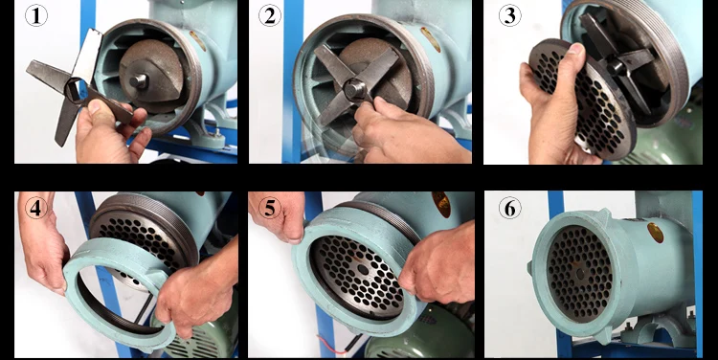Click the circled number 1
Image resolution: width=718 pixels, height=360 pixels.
click(36, 15)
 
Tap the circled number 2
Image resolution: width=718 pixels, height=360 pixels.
click(270, 15)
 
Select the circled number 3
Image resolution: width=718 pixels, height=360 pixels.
click(509, 15)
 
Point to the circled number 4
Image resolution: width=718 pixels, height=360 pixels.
click(36, 208)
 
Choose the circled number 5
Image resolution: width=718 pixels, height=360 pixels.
click(270, 208)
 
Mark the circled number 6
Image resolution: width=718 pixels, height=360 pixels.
click(509, 208)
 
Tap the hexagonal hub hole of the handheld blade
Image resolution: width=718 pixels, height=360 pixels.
click(74, 90)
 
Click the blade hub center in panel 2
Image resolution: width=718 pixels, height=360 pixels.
click(354, 89)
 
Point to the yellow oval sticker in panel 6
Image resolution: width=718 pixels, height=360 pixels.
click(655, 233)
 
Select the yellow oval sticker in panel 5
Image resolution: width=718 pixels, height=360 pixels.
click(441, 204)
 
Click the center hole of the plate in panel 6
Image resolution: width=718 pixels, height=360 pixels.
click(580, 274)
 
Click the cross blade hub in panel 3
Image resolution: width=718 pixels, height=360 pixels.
click(617, 67)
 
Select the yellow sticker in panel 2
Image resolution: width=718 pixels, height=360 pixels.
click(431, 39)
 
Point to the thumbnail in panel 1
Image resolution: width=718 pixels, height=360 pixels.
click(94, 106)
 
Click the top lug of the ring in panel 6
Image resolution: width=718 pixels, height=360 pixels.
click(604, 214)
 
